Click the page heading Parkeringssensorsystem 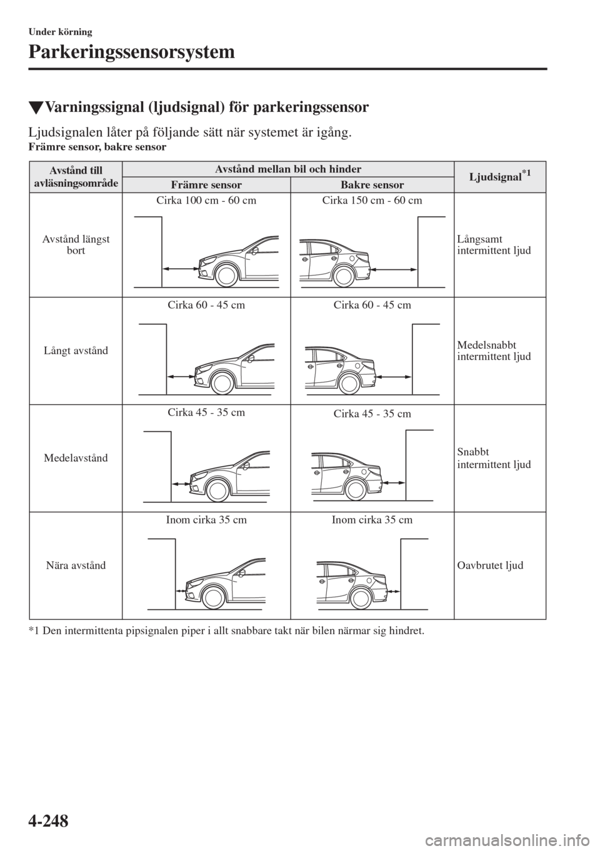[131, 52]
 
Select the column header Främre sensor [206, 185]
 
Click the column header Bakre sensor [372, 185]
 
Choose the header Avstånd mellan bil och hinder [288, 169]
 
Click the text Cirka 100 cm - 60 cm [206, 201]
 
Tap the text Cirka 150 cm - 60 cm [372, 201]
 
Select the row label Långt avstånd [76, 351]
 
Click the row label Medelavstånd [76, 458]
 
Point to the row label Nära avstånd [76, 565]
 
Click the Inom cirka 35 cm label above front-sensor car [206, 520]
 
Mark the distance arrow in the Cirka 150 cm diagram [393, 269]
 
